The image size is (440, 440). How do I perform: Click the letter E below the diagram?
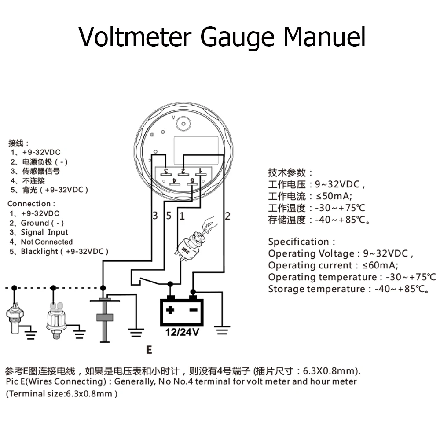pos(149,350)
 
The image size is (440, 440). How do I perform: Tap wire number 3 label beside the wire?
pos(155,216)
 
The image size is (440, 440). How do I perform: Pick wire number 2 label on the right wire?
pos(227,216)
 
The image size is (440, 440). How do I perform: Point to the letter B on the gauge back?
pos(152,134)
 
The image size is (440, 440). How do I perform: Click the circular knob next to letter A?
pos(182,124)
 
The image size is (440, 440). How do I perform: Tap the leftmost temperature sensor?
pos(15,315)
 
